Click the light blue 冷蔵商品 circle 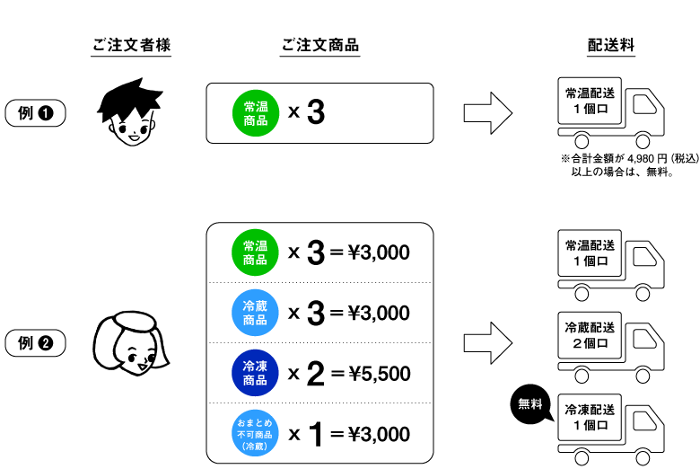(x=255, y=313)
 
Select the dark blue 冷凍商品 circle (x=255, y=373)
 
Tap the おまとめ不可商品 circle (x=255, y=433)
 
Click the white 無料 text (x=530, y=404)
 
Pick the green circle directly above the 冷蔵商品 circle (x=255, y=252)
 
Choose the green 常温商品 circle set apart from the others (x=256, y=113)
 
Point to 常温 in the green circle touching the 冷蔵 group (x=255, y=245)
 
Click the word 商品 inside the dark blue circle (x=255, y=380)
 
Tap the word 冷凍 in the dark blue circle (x=255, y=366)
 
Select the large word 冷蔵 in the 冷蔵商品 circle (x=255, y=305)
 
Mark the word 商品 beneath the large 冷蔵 (x=255, y=320)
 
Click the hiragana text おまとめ (x=255, y=422)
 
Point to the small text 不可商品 (x=255, y=434)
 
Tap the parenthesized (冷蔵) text (x=255, y=446)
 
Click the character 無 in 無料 (x=524, y=404)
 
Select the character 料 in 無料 (x=537, y=404)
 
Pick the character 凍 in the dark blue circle (x=261, y=366)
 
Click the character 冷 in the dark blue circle (x=249, y=366)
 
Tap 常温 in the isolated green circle (x=256, y=106)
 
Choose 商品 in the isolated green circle (x=256, y=120)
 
